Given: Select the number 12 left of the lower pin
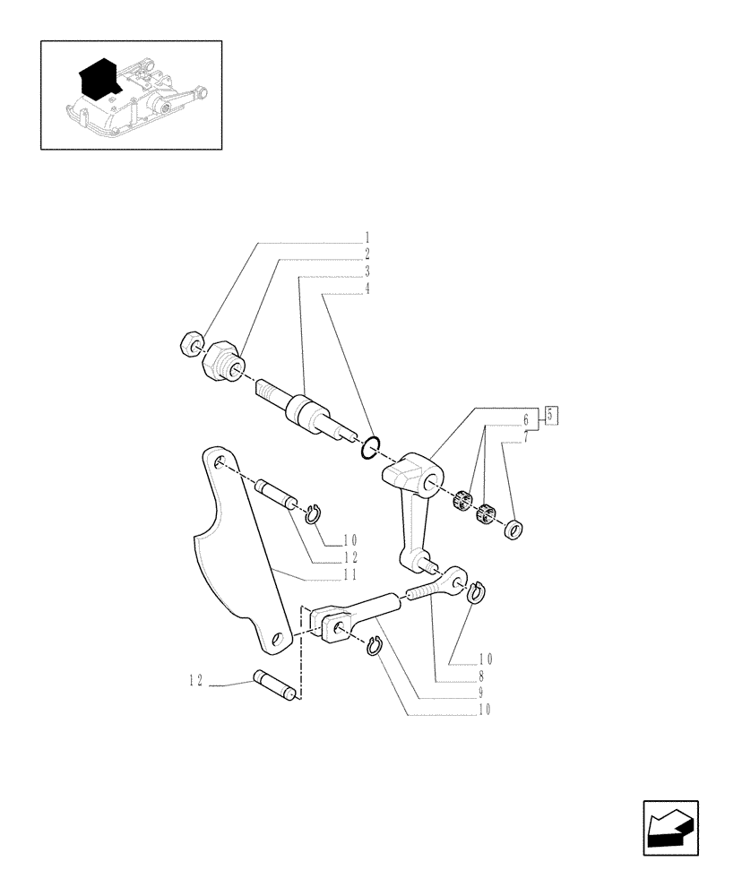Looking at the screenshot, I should (194, 681).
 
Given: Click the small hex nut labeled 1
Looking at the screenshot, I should (190, 343).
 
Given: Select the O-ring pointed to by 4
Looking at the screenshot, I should (371, 447).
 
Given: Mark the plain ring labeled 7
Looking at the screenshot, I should (513, 530).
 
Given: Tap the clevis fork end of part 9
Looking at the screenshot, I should (332, 623).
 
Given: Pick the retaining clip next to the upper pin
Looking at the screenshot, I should (313, 513).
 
